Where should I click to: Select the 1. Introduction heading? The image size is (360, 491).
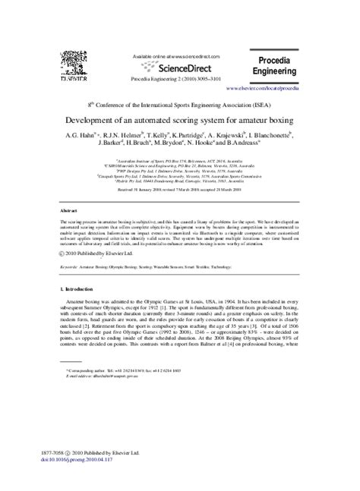point(78,269)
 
